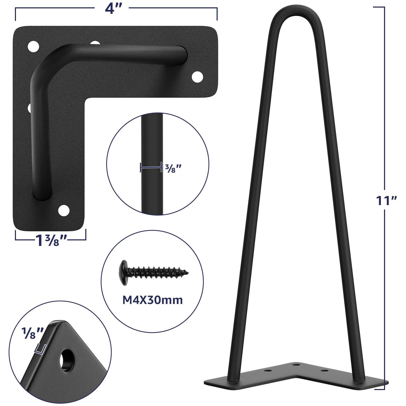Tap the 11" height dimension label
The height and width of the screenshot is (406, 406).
(386, 201)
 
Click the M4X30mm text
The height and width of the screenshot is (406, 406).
(153, 300)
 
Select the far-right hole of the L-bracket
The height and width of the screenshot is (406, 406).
(198, 76)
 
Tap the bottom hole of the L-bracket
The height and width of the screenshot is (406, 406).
(64, 210)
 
